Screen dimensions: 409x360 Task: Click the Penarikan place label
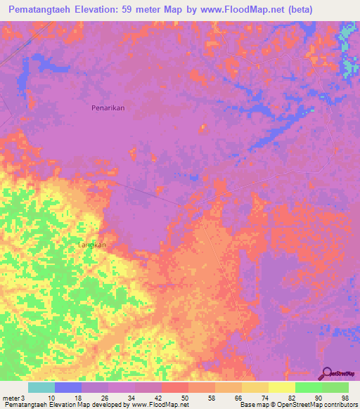pyautogui.click(x=108, y=108)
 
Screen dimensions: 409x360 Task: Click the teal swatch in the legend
pyautogui.click(x=41, y=387)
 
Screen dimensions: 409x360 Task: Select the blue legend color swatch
pyautogui.click(x=68, y=387)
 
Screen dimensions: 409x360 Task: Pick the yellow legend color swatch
pyautogui.click(x=281, y=387)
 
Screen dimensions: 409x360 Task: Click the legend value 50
pyautogui.click(x=184, y=398)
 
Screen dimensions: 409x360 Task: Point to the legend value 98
pyautogui.click(x=345, y=398)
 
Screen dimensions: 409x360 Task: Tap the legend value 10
pyautogui.click(x=50, y=398)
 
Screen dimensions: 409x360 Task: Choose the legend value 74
pyautogui.click(x=264, y=398)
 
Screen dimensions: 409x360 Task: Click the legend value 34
pyautogui.click(x=131, y=398)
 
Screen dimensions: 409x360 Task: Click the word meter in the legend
pyautogui.click(x=10, y=398)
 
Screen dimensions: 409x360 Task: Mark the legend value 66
pyautogui.click(x=238, y=398)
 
